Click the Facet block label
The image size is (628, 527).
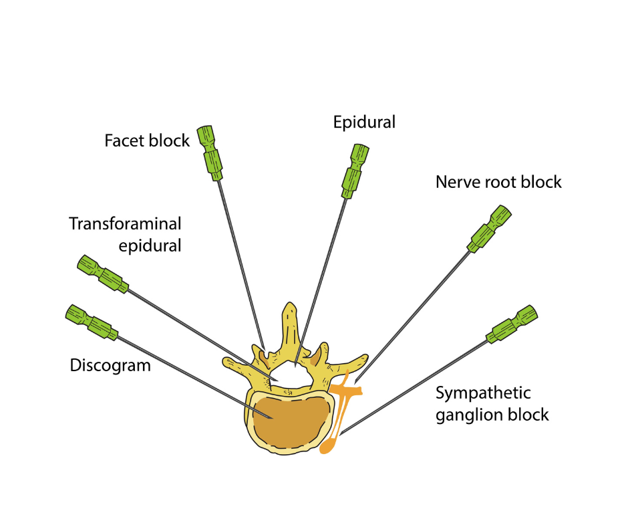[x=147, y=141]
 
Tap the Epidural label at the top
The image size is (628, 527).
[x=364, y=122]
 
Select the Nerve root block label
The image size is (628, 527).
[x=498, y=182]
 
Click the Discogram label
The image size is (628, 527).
[x=110, y=365]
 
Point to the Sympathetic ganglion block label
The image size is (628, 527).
[x=492, y=403]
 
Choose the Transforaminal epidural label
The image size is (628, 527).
[x=126, y=234]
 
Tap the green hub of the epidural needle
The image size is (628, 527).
[x=354, y=171]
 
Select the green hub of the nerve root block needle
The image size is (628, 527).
[x=489, y=229]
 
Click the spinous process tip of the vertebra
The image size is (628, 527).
[x=289, y=310]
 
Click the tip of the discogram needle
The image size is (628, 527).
[x=270, y=418]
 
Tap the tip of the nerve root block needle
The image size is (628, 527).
[x=355, y=383]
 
